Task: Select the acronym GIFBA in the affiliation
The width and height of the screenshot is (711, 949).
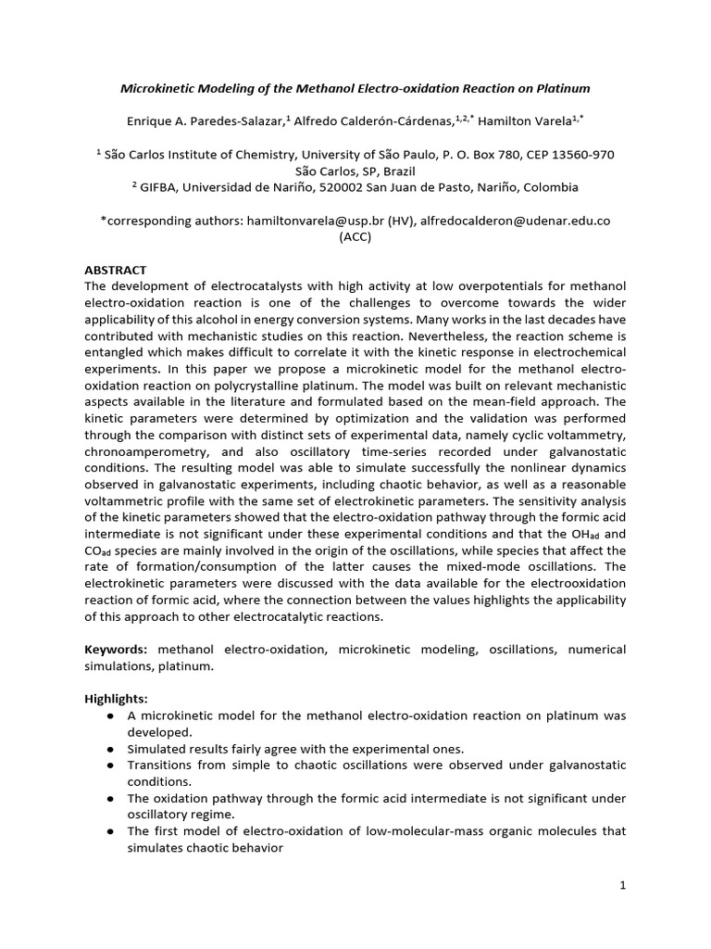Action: point(157,187)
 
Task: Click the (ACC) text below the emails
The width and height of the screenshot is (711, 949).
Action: point(355,236)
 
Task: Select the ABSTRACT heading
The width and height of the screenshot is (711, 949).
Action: point(115,270)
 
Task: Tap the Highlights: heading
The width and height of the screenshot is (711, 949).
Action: point(117,698)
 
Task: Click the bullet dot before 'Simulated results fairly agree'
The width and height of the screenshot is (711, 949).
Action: point(111,749)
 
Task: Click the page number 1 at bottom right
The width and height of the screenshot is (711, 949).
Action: point(623,885)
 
